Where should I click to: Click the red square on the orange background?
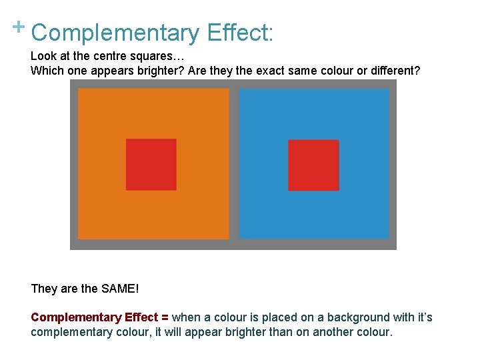151,165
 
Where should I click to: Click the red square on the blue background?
313,165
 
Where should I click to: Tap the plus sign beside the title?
18,27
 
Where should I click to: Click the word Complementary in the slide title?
115,33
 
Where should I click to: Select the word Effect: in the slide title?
240,33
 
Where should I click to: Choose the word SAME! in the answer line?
121,289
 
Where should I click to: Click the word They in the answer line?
44,289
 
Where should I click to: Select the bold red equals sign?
165,317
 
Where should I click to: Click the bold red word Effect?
141,317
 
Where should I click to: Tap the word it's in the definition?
423,317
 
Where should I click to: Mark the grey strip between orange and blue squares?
234,164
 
